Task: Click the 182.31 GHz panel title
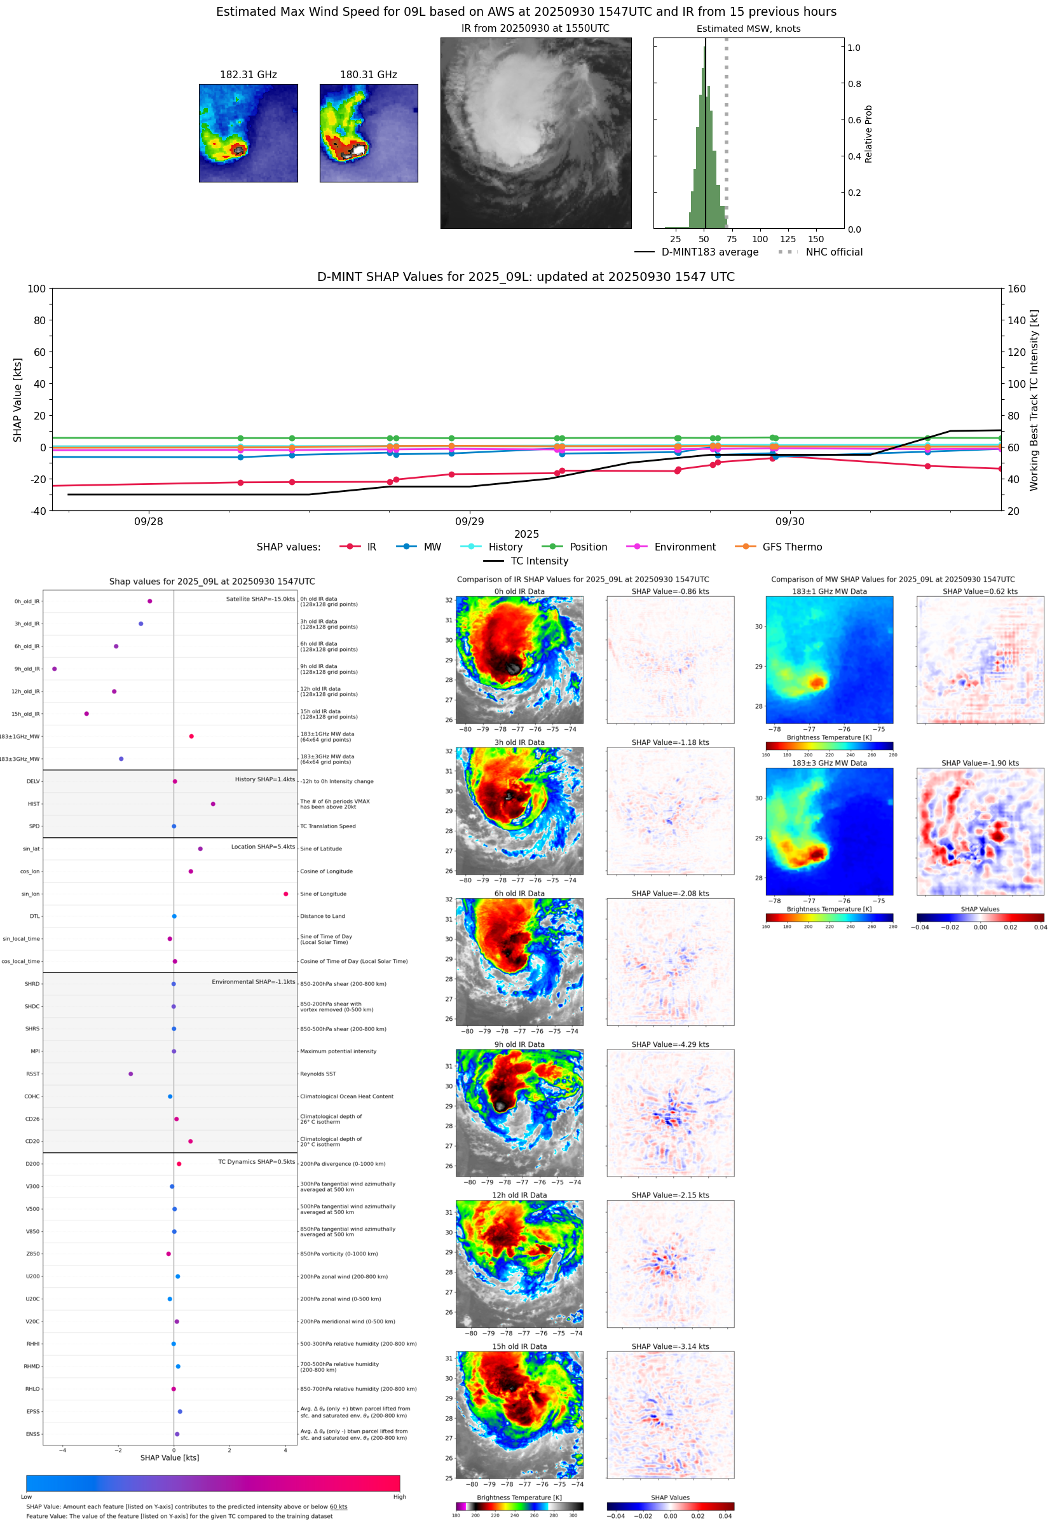click(x=248, y=74)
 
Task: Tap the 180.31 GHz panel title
click(x=368, y=74)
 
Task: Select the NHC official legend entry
click(x=833, y=252)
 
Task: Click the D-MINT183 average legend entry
click(x=709, y=252)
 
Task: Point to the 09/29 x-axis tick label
click(x=469, y=521)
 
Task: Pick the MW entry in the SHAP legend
click(x=432, y=547)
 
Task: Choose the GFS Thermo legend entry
click(x=791, y=547)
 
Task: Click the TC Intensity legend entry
click(x=538, y=561)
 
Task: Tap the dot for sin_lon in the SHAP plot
click(x=285, y=894)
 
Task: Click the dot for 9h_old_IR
click(x=55, y=669)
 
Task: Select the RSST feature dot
click(x=130, y=1074)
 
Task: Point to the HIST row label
click(x=34, y=804)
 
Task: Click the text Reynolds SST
click(x=318, y=1074)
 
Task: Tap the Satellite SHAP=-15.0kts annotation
click(x=261, y=599)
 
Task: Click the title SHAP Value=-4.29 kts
click(x=670, y=1044)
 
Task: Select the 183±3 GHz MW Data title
click(x=830, y=763)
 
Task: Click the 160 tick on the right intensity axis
click(x=1016, y=289)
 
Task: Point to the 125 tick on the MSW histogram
click(x=788, y=239)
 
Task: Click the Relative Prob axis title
click(x=868, y=133)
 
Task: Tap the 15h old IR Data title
click(x=519, y=1346)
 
